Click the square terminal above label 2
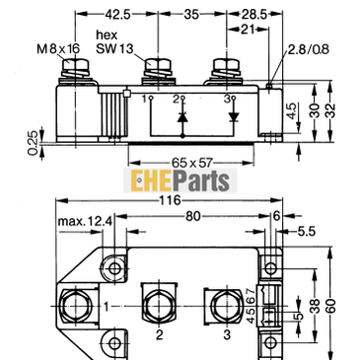coord(158,302)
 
